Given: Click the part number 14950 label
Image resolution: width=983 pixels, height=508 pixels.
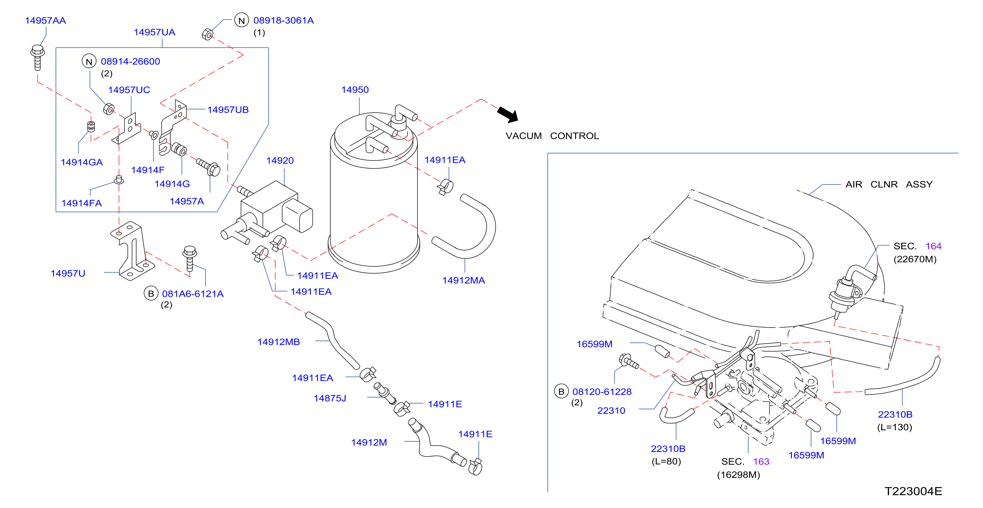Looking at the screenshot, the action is [x=355, y=90].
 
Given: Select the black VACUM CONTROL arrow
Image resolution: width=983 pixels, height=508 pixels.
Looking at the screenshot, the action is [x=508, y=114].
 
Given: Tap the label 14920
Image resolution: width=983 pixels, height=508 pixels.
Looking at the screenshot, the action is [x=280, y=161].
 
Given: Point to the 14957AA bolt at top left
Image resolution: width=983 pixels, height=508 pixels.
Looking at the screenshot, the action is [x=37, y=58].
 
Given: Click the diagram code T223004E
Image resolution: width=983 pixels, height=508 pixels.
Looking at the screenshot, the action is [x=913, y=491].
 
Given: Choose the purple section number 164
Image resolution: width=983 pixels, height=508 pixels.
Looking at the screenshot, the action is [x=933, y=246].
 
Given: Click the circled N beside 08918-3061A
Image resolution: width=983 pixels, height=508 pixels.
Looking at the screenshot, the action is [x=241, y=21].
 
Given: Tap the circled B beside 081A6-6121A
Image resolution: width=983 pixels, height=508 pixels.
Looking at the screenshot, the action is [x=151, y=293].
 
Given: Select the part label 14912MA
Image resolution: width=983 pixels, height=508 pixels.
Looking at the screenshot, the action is [x=463, y=280].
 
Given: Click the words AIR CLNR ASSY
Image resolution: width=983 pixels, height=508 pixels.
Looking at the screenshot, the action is [x=889, y=185].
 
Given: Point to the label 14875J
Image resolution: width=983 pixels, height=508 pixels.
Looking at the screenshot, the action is [x=330, y=398].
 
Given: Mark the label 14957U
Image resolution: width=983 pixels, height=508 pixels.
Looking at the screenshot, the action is [x=68, y=274].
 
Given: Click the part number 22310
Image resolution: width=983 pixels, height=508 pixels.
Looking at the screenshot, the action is [x=611, y=410].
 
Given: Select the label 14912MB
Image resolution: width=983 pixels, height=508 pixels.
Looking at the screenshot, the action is [x=279, y=342].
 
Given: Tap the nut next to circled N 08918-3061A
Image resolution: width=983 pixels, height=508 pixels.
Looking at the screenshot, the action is [x=208, y=34].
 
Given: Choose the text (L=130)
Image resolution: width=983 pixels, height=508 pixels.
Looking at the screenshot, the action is [x=894, y=427].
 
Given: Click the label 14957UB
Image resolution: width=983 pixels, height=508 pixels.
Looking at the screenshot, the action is [x=228, y=110].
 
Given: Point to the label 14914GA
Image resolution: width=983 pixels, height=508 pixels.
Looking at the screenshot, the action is [x=82, y=162].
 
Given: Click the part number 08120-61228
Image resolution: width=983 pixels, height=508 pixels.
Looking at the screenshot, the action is [x=602, y=392].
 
